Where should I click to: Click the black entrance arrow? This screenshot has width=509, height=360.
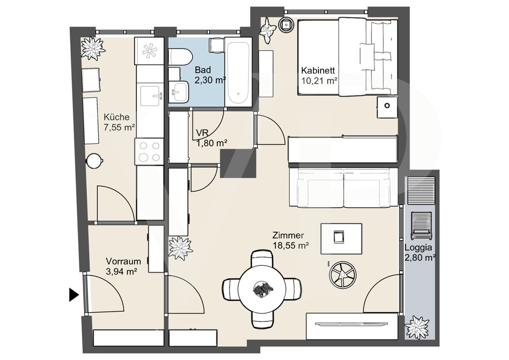pyautogui.click(x=74, y=295)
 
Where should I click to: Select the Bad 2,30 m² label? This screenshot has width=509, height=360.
pyautogui.click(x=210, y=75)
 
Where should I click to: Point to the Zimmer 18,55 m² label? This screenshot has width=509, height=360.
pyautogui.click(x=291, y=240)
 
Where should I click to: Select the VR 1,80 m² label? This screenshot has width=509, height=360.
pyautogui.click(x=211, y=138)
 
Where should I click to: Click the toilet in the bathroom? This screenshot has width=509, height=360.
pyautogui.click(x=181, y=57)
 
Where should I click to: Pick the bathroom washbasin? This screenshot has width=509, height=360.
pyautogui.click(x=179, y=91)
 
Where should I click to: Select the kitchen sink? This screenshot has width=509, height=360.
pyautogui.click(x=150, y=96)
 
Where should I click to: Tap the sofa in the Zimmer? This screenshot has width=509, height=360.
pyautogui.click(x=344, y=187)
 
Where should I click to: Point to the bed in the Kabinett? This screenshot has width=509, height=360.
pyautogui.click(x=348, y=57)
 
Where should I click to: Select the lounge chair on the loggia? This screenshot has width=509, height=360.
pyautogui.click(x=421, y=225)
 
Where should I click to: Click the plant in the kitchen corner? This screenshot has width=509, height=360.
pyautogui.click(x=93, y=48)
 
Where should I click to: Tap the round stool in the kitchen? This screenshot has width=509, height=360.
pyautogui.click(x=95, y=160)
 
